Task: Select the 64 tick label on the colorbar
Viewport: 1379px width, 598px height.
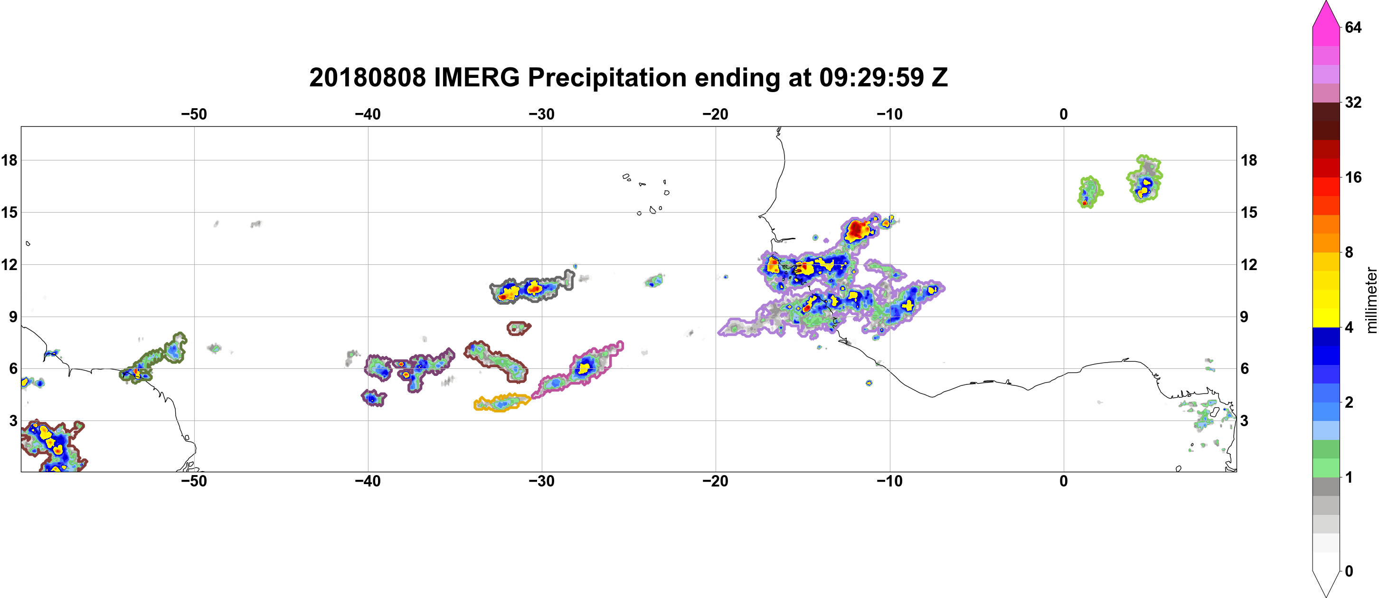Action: tap(1353, 27)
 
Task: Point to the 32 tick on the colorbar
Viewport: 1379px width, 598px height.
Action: tap(1353, 102)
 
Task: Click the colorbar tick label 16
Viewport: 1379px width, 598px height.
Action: tap(1353, 177)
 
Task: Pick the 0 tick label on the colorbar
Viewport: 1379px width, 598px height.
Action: tap(1349, 571)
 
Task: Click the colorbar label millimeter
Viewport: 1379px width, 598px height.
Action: tap(1371, 300)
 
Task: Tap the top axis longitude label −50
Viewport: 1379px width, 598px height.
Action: tap(194, 114)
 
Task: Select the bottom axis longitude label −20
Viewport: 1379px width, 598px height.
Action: tap(715, 481)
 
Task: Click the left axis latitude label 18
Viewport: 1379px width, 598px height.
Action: tap(9, 160)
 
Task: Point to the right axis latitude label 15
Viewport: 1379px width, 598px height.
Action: tap(1249, 212)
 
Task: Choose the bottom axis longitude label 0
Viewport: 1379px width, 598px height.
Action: tap(1063, 481)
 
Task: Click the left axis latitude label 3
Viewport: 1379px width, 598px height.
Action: tap(13, 420)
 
